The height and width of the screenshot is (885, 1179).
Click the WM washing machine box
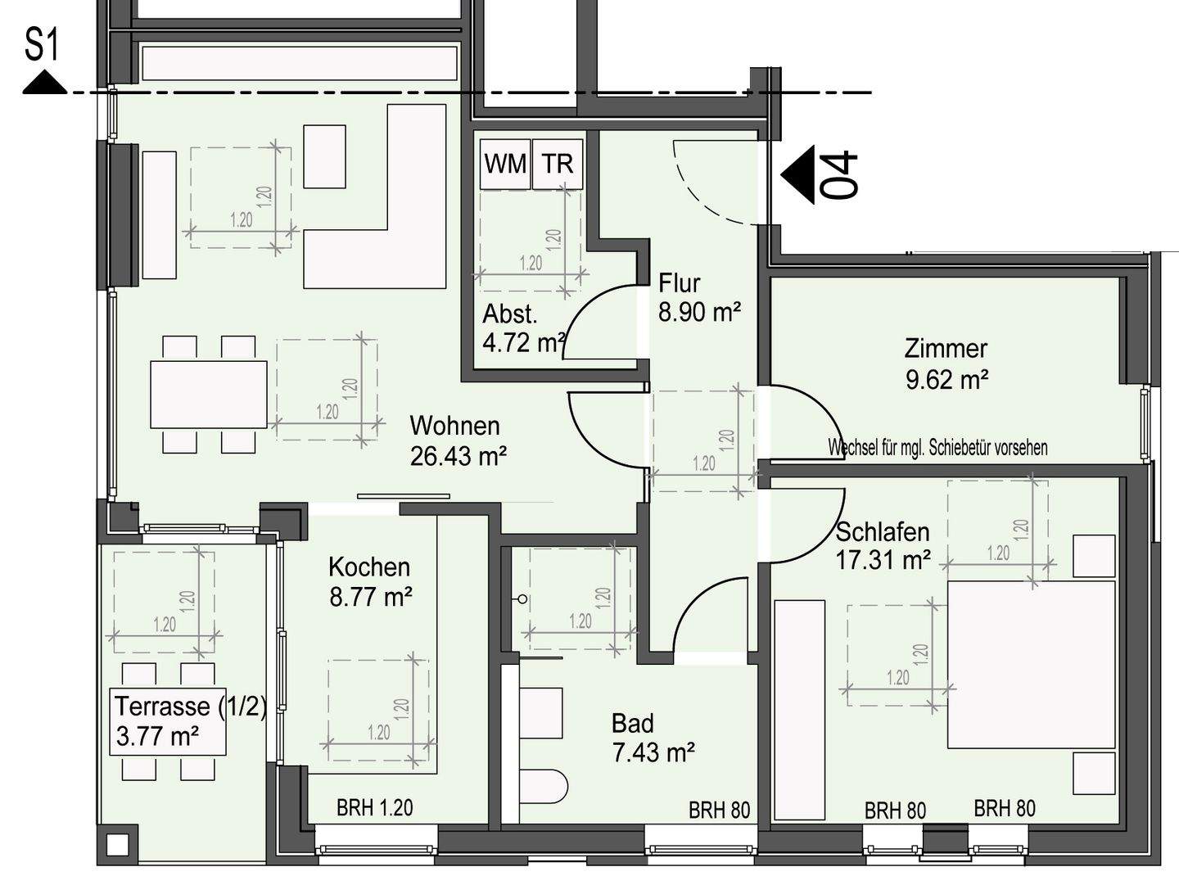[505, 164]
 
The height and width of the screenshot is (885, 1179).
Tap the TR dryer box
[558, 164]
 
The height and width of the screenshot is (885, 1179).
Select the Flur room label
[680, 283]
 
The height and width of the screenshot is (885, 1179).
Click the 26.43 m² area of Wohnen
[458, 457]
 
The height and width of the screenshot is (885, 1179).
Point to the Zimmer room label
[946, 349]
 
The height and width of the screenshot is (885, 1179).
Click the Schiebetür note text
[937, 447]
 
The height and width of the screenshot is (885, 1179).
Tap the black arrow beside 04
[797, 174]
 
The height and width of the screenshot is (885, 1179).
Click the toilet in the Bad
[544, 787]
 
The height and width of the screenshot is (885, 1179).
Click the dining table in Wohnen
[209, 394]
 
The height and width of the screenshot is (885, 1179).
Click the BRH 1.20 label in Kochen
[375, 808]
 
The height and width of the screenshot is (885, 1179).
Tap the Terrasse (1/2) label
[191, 707]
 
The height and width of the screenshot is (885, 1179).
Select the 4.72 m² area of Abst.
[524, 342]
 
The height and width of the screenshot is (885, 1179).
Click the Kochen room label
[369, 567]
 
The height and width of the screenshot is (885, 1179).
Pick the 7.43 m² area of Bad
[653, 752]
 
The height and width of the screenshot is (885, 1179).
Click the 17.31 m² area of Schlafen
[883, 560]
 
